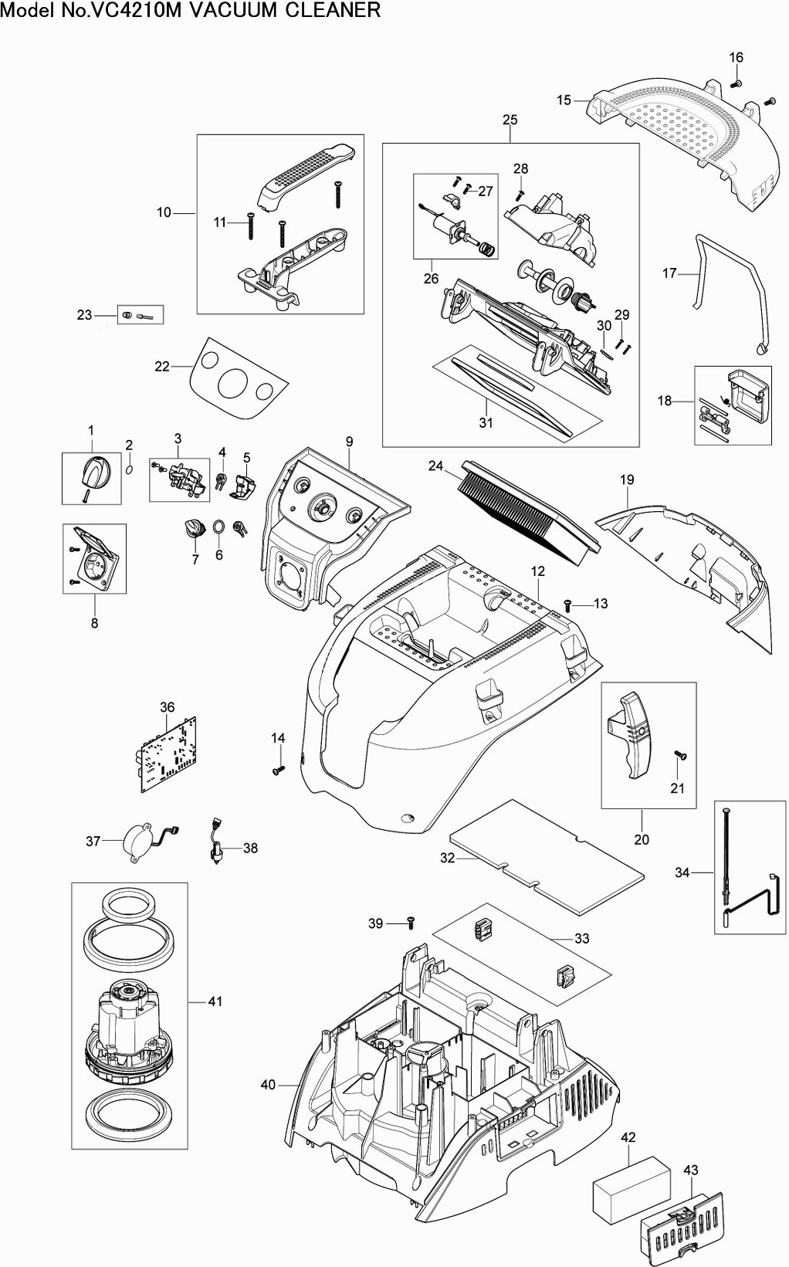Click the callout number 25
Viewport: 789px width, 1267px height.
coord(510,120)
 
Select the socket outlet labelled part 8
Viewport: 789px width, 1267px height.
coord(97,560)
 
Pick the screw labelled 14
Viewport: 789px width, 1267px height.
coord(278,770)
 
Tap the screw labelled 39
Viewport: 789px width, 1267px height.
coord(411,923)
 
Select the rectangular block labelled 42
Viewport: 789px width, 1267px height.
coord(632,1189)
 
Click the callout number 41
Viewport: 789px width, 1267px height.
coord(215,1001)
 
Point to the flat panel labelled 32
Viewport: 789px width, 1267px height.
coord(546,855)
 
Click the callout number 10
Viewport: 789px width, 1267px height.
coord(164,212)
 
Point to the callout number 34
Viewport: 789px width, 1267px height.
coord(682,872)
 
